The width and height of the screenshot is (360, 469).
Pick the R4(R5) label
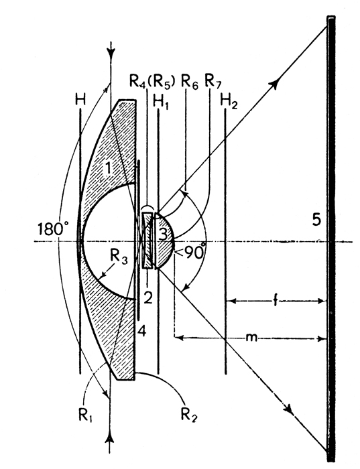point(152,82)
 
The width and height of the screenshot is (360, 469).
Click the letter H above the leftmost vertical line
point(80,100)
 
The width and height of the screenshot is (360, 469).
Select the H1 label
point(161,102)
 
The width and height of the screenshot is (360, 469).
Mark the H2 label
point(229,102)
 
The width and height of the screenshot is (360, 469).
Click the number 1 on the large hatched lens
point(108,168)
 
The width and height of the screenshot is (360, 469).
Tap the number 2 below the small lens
point(148,297)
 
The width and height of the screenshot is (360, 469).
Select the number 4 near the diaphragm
point(142,331)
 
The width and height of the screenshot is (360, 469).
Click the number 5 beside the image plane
point(316,220)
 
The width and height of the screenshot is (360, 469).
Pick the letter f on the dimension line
point(276,301)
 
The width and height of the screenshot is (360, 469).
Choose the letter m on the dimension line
point(251,338)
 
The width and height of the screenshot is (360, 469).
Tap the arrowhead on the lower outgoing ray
point(289,408)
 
